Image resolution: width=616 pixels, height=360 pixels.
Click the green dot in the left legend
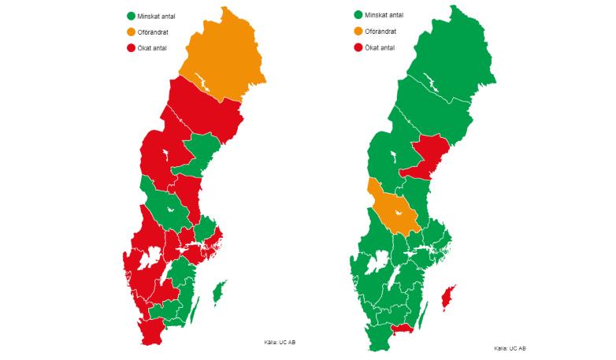pos(130,16)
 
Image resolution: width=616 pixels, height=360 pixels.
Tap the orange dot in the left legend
pos(130,32)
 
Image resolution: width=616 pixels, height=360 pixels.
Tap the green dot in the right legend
pos(358,14)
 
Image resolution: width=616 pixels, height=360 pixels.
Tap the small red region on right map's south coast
pos(403,328)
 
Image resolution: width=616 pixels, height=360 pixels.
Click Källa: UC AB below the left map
pos(280,342)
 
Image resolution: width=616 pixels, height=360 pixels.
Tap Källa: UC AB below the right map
pos(510,348)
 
